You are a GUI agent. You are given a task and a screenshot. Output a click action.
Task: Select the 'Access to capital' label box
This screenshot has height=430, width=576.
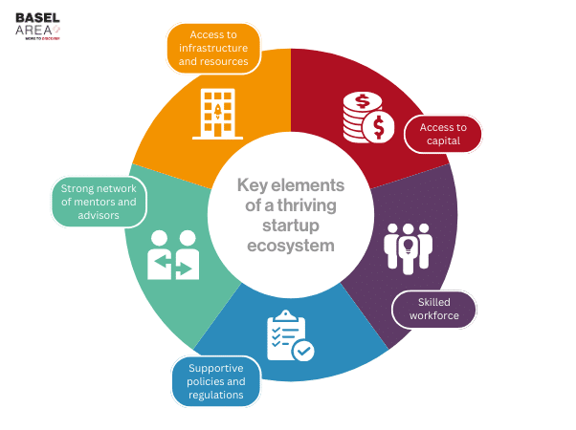(443, 134)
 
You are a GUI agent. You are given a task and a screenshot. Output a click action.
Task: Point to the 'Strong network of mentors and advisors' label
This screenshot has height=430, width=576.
(97, 201)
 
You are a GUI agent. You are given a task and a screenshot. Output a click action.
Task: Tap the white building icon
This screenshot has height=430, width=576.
(217, 114)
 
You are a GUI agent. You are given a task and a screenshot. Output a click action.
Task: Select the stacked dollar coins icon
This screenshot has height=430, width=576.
(368, 118)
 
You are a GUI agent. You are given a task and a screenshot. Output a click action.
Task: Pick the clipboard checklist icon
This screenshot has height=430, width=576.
(288, 335)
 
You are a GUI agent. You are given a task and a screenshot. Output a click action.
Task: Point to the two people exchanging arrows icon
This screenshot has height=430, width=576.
(172, 255)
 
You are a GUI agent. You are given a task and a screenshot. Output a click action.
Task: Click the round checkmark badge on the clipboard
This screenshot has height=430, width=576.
(303, 351)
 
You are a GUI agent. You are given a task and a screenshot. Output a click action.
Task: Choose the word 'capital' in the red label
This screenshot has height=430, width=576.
(444, 141)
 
